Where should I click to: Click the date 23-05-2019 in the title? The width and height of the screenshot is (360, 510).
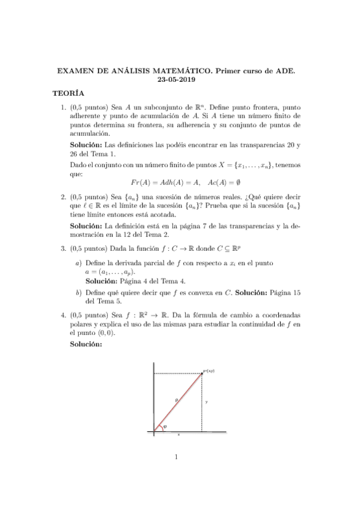[x=180, y=80]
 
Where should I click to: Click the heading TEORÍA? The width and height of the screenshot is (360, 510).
[x=68, y=94]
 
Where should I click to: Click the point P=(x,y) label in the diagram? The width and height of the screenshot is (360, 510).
[x=209, y=371]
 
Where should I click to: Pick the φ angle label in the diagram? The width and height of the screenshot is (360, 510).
[x=165, y=426]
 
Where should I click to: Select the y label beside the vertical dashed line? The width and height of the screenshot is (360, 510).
[x=206, y=401]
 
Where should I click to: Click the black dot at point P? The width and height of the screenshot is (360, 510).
[x=201, y=373]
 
